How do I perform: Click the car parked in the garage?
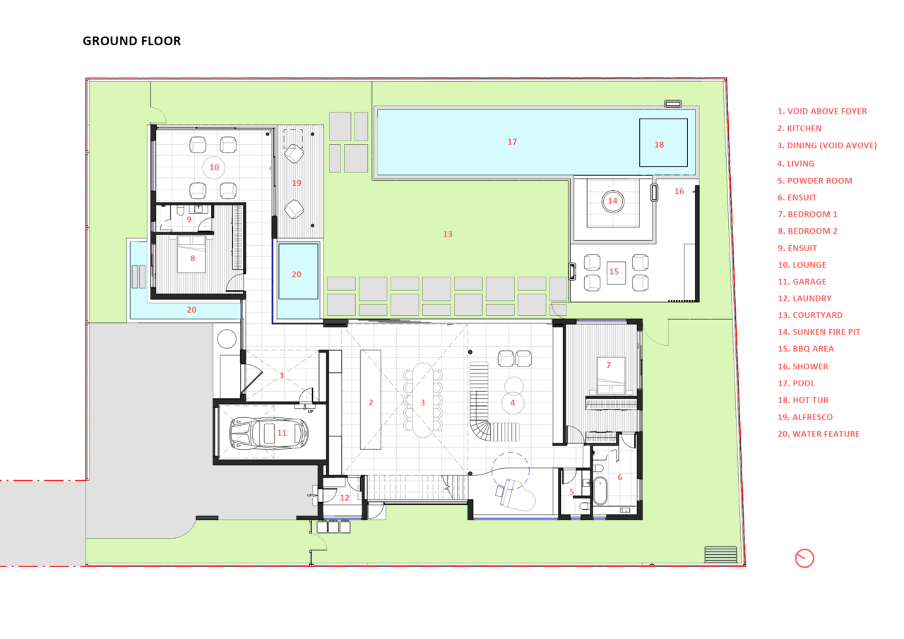(x=269, y=434)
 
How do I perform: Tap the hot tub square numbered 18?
(x=663, y=143)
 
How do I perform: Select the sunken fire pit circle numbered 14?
(x=612, y=201)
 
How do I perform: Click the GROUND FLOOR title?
(x=131, y=41)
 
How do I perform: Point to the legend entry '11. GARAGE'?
(x=802, y=282)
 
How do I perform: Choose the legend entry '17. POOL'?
(x=796, y=383)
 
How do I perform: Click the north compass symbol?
(x=804, y=559)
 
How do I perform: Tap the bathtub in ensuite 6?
(x=600, y=491)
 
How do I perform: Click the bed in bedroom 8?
(x=192, y=254)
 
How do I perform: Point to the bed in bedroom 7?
(x=611, y=375)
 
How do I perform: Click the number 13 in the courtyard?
(x=448, y=234)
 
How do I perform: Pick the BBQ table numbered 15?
(x=616, y=273)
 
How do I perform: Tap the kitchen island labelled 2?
(x=371, y=400)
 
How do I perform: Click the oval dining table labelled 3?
(x=422, y=400)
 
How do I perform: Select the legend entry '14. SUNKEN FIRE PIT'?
(x=819, y=332)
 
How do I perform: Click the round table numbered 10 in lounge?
(x=214, y=167)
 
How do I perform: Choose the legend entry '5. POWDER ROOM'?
(x=815, y=181)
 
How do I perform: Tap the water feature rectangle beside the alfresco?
(x=298, y=271)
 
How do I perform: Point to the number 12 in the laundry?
(x=344, y=498)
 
